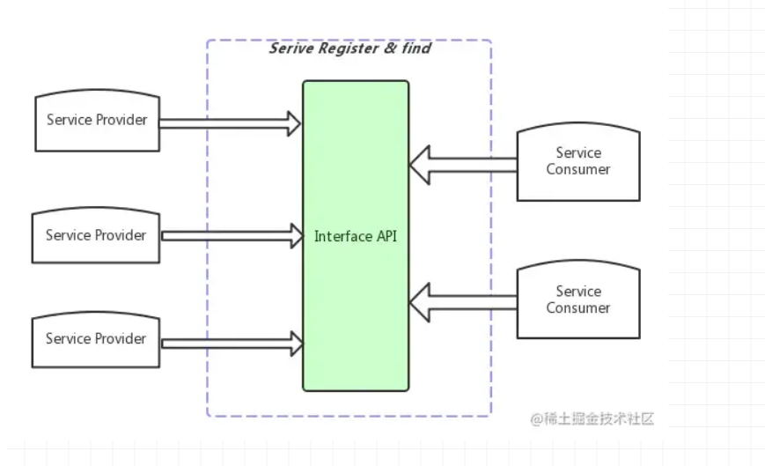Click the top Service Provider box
pos(97,121)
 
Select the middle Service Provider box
pos(96,236)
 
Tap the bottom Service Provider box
pos(96,339)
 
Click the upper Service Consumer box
pos(577,162)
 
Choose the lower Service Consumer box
pos(577,300)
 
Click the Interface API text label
pos(356,236)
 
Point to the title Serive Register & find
pos(349,49)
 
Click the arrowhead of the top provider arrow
pos(293,122)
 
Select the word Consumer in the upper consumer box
pos(577,170)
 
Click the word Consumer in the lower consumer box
pos(577,308)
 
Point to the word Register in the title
pos(342,49)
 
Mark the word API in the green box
pos(386,236)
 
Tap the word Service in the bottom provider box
pos(67,339)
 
